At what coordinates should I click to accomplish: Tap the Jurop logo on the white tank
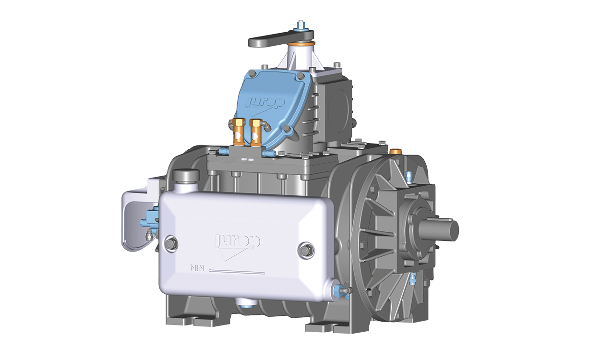[237, 245]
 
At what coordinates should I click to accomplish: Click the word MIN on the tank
[197, 268]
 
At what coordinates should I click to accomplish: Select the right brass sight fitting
[255, 132]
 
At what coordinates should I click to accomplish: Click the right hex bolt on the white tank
[305, 250]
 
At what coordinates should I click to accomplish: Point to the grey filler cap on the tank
[186, 175]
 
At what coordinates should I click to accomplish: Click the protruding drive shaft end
[439, 230]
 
